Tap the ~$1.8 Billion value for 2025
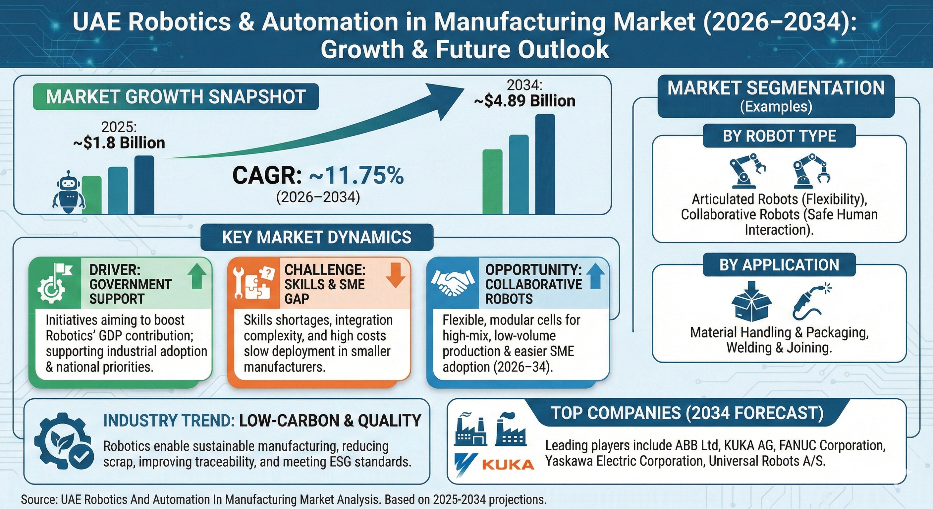coord(119,143)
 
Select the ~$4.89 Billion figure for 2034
coord(524,101)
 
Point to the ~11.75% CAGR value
coord(357,176)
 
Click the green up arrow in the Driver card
coord(197,276)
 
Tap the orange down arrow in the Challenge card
coord(395,275)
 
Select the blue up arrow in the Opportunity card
coord(595,276)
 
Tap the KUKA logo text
coord(508,465)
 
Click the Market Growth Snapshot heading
coord(176,97)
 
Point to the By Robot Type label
coord(779,136)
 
